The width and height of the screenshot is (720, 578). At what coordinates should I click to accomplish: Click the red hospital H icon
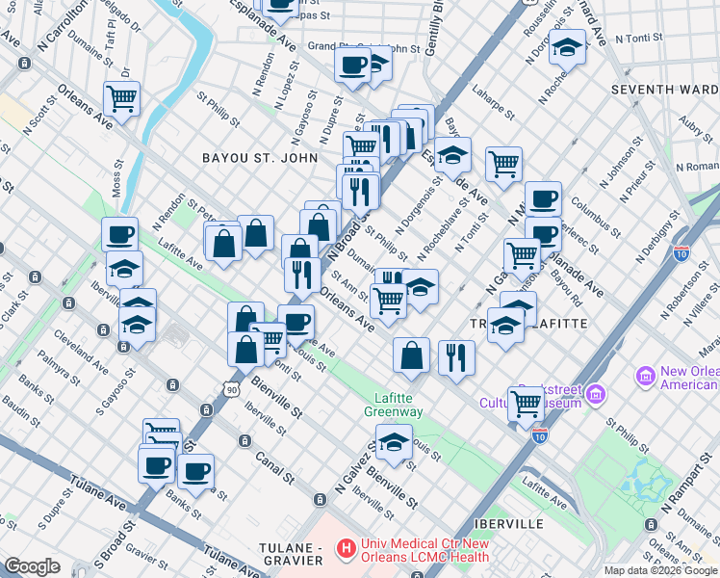pyautogui.click(x=346, y=550)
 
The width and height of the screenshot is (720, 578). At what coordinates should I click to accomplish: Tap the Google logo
pyautogui.click(x=33, y=566)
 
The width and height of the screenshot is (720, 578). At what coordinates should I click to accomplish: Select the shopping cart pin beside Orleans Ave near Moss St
pyautogui.click(x=121, y=97)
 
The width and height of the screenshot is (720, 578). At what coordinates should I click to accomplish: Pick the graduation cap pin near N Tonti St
pyautogui.click(x=568, y=44)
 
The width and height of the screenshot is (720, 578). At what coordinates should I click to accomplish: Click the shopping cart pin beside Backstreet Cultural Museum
pyautogui.click(x=526, y=402)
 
